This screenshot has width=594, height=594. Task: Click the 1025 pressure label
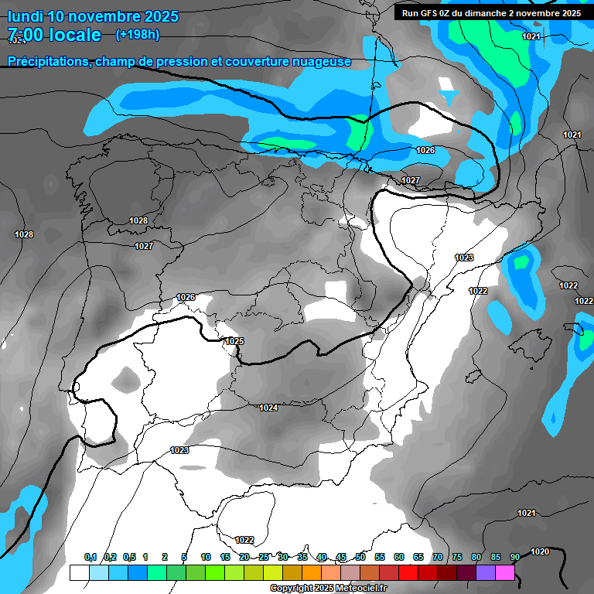[234, 341]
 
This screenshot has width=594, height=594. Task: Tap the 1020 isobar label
[541, 551]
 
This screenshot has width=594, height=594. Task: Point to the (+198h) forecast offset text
[138, 35]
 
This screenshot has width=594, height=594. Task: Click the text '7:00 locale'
[54, 35]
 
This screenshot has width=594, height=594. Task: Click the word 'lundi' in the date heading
[25, 16]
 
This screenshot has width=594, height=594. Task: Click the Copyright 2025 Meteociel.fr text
[328, 588]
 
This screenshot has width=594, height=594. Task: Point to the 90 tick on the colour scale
[514, 557]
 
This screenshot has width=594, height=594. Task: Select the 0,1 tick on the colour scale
[90, 557]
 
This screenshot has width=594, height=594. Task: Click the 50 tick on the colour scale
[360, 557]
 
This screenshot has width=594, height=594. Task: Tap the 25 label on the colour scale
[264, 557]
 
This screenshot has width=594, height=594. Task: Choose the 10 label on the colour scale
[206, 557]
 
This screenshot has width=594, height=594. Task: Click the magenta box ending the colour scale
[504, 572]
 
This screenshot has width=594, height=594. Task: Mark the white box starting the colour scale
[79, 572]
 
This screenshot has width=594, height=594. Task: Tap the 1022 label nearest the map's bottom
[244, 540]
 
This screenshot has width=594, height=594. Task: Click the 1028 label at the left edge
[24, 234]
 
